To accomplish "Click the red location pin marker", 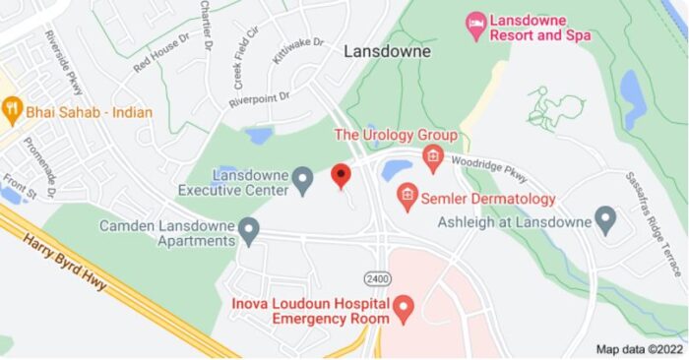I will pos(341,176).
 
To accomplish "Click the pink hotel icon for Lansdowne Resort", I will pos(476,27).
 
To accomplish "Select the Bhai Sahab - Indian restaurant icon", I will pos(12,111).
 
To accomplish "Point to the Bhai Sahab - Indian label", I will pos(90,112).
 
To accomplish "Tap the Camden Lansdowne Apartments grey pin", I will pos(248,232).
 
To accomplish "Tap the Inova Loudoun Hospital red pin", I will pos(402,311).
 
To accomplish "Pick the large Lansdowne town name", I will pos(382,52).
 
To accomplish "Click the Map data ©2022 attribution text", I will pos(638,348).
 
